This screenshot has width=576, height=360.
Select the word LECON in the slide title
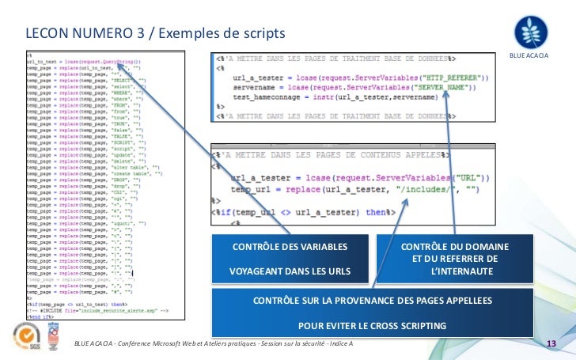[46, 34]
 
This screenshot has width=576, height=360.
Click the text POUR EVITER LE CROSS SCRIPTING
[372, 325]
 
